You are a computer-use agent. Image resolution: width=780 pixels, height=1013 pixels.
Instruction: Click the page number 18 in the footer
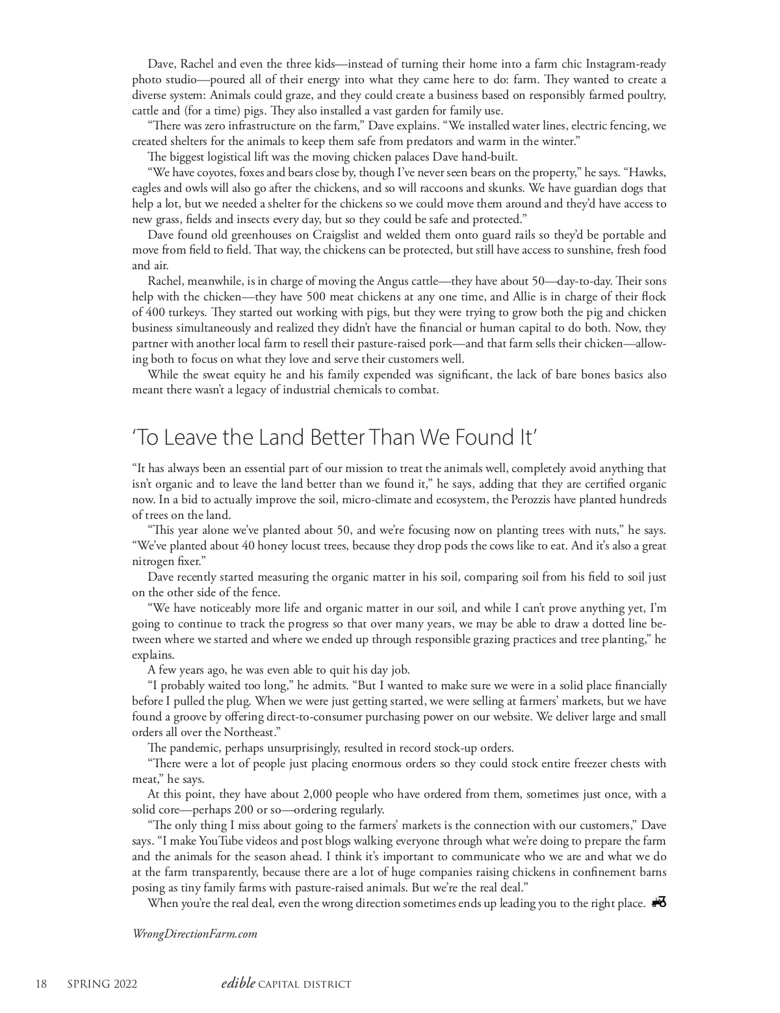pyautogui.click(x=41, y=984)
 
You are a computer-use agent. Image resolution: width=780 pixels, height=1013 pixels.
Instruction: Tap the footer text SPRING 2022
pyautogui.click(x=102, y=984)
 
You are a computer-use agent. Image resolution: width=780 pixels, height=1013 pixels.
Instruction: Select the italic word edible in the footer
pyautogui.click(x=238, y=984)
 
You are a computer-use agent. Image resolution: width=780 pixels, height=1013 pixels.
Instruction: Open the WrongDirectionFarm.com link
pyautogui.click(x=195, y=934)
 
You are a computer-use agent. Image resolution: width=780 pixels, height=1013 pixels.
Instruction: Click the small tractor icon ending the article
pyautogui.click(x=659, y=902)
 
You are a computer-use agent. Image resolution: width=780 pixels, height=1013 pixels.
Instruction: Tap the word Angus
pyautogui.click(x=392, y=282)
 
